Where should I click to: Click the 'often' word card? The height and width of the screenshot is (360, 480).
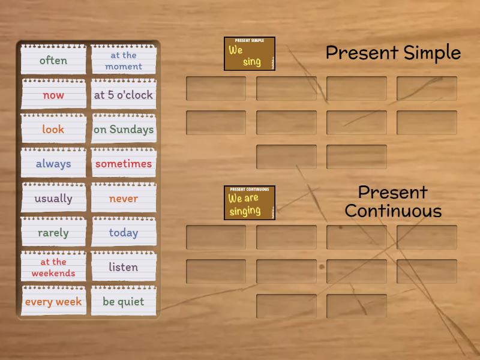tap(53, 60)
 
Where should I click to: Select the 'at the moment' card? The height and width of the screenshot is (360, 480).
tap(124, 61)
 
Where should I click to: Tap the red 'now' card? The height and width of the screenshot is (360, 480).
tap(53, 95)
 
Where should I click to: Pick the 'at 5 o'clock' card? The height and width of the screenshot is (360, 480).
tap(124, 95)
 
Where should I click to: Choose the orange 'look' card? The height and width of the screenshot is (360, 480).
tap(53, 129)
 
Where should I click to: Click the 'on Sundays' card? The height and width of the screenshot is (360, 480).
tap(124, 129)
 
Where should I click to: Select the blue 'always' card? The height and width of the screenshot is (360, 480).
tap(53, 164)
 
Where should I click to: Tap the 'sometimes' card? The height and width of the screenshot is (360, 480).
tap(124, 164)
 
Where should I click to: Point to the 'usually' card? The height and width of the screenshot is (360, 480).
tap(53, 199)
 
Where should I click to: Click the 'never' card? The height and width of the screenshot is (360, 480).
tap(124, 199)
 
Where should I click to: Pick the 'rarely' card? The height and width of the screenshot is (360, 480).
tap(53, 233)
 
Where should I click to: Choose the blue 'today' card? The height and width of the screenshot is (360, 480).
tap(124, 233)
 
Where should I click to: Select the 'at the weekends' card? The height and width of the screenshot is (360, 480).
tap(53, 268)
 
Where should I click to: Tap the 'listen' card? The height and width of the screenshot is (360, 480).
tap(124, 267)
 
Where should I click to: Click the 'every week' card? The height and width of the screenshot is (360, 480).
tap(53, 302)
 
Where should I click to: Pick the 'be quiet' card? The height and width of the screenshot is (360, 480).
tap(124, 302)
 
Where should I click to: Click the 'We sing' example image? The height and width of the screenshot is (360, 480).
tap(250, 54)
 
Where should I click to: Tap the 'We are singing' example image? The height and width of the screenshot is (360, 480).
tap(250, 203)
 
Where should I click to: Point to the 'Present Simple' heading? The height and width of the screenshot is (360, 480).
tap(393, 53)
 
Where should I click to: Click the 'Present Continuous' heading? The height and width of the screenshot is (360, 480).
tap(393, 202)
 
